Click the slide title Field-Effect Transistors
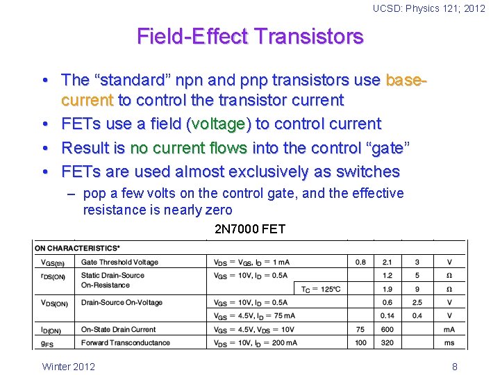pos(250,36)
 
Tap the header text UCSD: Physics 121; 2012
pos(428,8)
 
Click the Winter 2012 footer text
pos(69,366)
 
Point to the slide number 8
pos(454,366)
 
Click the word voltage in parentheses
pos(218,124)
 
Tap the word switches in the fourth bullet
pos(367,172)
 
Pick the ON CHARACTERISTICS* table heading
pos(77,248)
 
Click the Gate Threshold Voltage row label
pos(119,262)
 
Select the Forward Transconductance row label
pos(125,343)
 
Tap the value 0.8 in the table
pos(360,262)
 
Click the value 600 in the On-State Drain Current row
pos(387,330)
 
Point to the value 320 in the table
pos(387,343)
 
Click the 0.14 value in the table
pos(387,316)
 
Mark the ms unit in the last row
pos(449,343)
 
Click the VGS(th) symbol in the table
pos(53,263)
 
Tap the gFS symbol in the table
pos(47,344)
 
